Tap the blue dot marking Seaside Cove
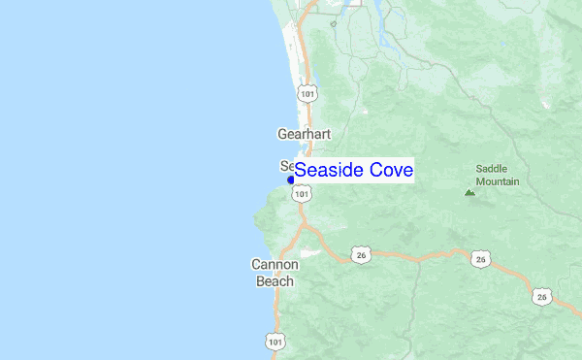tap(290, 180)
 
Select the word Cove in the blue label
tap(391, 171)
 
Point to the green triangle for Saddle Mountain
tap(469, 192)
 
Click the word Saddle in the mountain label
tap(492, 168)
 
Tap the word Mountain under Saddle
tap(497, 181)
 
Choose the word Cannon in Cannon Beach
tap(275, 264)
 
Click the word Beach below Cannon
tap(275, 281)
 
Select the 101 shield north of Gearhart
tap(307, 93)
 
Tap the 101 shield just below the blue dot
tap(303, 194)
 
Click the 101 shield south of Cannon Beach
tap(275, 342)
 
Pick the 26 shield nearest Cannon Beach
tap(361, 255)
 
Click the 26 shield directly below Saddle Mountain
tap(481, 258)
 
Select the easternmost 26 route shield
tap(541, 296)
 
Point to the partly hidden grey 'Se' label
tap(286, 165)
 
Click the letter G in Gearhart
tap(282, 134)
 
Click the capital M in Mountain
tap(480, 181)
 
